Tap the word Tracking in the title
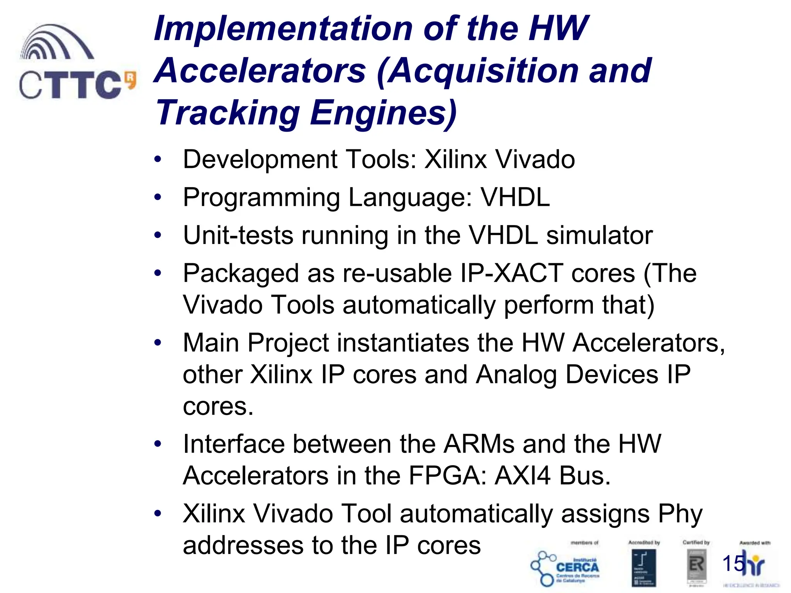(228, 113)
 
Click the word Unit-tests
(238, 236)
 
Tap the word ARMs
(479, 444)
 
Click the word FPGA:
(448, 476)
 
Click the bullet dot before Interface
(157, 444)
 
